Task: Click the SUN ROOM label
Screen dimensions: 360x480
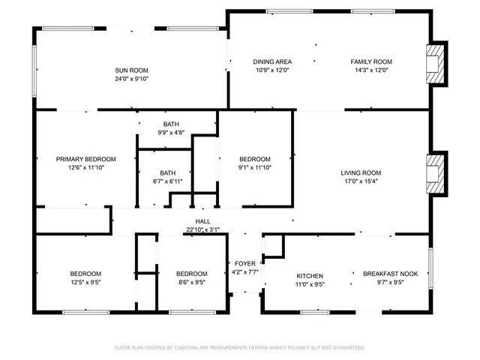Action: pyautogui.click(x=132, y=70)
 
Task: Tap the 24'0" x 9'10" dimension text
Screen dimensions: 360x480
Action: pyautogui.click(x=132, y=79)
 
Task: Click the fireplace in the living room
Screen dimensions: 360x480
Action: pyautogui.click(x=435, y=174)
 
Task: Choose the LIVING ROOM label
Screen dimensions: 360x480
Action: pyautogui.click(x=361, y=172)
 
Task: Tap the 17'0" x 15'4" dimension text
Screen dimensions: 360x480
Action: pyautogui.click(x=361, y=181)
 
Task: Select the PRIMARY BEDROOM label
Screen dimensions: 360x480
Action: pyautogui.click(x=86, y=159)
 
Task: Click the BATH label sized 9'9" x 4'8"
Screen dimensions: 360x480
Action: pyautogui.click(x=172, y=124)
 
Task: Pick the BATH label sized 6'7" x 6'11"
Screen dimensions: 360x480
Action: pyautogui.click(x=167, y=172)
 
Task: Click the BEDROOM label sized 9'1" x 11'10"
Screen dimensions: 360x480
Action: pyautogui.click(x=255, y=159)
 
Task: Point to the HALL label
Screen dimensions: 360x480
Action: pyautogui.click(x=202, y=221)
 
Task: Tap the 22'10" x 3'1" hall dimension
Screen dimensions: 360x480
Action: pyautogui.click(x=202, y=230)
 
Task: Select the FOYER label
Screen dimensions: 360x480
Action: pyautogui.click(x=244, y=263)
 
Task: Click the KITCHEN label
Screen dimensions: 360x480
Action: pyautogui.click(x=309, y=276)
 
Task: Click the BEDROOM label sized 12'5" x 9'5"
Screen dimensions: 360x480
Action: pyautogui.click(x=85, y=274)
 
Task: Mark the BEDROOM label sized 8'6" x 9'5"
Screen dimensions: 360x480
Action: pyautogui.click(x=191, y=274)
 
